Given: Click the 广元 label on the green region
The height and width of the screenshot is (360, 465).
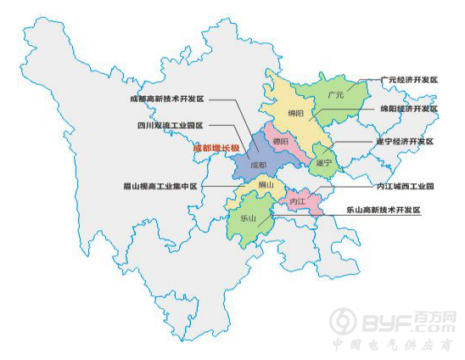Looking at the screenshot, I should [335, 96].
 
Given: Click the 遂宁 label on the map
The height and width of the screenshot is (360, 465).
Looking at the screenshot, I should [322, 161].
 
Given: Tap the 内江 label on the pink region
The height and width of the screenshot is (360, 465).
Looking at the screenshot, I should [297, 202].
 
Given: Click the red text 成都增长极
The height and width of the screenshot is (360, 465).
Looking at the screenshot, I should [216, 148].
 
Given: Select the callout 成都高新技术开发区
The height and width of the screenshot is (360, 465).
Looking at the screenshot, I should [167, 99].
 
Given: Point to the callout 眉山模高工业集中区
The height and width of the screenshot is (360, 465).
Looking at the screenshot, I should [160, 186].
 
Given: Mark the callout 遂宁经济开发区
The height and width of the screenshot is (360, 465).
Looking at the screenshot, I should [405, 141].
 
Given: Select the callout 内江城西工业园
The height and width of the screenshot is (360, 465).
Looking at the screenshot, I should [405, 186].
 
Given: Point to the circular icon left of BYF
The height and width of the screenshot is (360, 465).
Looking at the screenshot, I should [345, 321].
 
